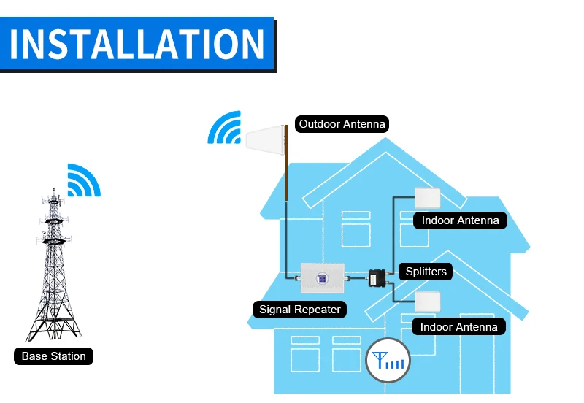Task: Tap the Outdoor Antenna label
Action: pyautogui.click(x=342, y=124)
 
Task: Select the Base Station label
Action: pyautogui.click(x=54, y=356)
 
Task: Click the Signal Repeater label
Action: pyautogui.click(x=300, y=310)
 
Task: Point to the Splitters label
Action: pyautogui.click(x=426, y=272)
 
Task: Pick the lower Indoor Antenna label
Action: pyautogui.click(x=458, y=327)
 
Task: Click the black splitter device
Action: pyautogui.click(x=377, y=278)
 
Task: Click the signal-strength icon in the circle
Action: pyautogui.click(x=388, y=361)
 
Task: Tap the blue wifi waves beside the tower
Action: pyautogui.click(x=83, y=180)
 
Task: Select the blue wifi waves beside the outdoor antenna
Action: pyautogui.click(x=224, y=127)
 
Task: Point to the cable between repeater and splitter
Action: pyautogui.click(x=357, y=277)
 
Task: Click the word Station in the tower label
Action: pyautogui.click(x=69, y=356)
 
